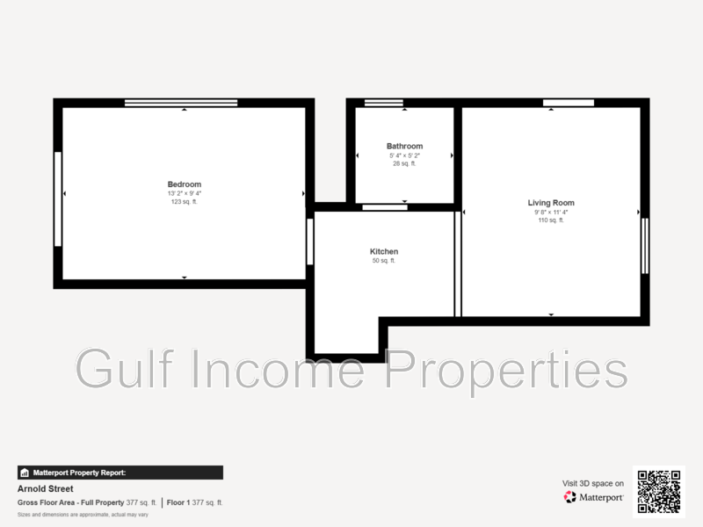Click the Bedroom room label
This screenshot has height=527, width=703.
[x=185, y=184]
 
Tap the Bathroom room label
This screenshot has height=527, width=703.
[x=404, y=146]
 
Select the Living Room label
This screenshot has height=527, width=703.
[x=551, y=203]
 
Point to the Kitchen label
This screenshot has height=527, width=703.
[x=384, y=251]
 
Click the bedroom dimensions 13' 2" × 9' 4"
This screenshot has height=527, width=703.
[x=185, y=193]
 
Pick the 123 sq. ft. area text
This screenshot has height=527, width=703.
[x=185, y=202]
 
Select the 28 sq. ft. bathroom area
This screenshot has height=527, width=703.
[x=404, y=163]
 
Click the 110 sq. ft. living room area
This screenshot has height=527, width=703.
[x=551, y=220]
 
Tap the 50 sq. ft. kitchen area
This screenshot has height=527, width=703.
[x=384, y=261]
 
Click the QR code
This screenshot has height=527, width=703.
[x=658, y=492]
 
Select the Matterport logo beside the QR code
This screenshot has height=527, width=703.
[x=594, y=497]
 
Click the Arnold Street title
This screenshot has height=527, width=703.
[x=46, y=489]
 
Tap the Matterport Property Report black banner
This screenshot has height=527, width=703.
[x=120, y=473]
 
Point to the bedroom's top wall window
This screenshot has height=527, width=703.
[x=181, y=103]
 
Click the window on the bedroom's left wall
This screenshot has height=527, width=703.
[x=58, y=199]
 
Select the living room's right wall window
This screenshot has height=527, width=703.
[x=645, y=246]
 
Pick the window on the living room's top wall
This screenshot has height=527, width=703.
[x=569, y=103]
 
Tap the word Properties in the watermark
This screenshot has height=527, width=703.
[x=507, y=369]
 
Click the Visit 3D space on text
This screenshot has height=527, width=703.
[x=593, y=483]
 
